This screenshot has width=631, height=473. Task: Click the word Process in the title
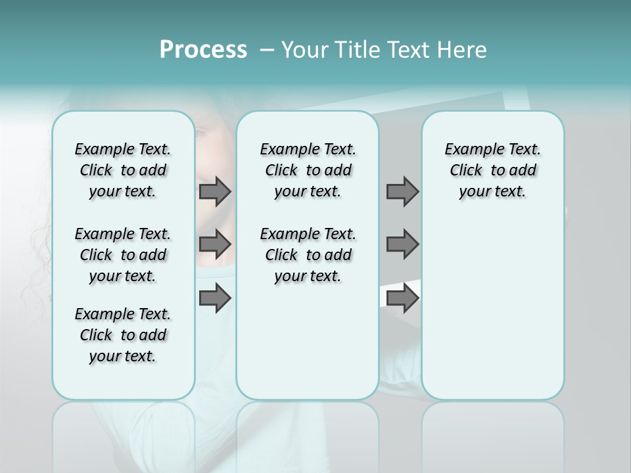pos(203,50)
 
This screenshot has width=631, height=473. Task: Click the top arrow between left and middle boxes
pos(215,191)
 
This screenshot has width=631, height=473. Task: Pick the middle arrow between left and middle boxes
pos(215,244)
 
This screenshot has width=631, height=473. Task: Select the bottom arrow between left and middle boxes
pos(215,298)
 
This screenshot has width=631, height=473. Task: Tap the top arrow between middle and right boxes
pos(402,191)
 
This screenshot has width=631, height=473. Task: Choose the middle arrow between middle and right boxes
pos(402,244)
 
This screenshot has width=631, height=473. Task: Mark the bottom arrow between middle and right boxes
pos(402,298)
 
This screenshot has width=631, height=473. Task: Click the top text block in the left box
pos(123,170)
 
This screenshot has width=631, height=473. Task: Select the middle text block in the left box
pos(123,255)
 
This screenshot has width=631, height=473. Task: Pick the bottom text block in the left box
pos(123,335)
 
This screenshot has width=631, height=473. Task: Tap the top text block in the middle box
pos(308,170)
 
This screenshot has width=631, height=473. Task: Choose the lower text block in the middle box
pos(308,255)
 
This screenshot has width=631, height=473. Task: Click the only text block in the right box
pos(492,170)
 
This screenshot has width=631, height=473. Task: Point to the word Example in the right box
pos(470,149)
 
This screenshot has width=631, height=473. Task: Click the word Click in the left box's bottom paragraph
pos(96,335)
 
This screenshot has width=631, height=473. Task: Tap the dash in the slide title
pos(266,51)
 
